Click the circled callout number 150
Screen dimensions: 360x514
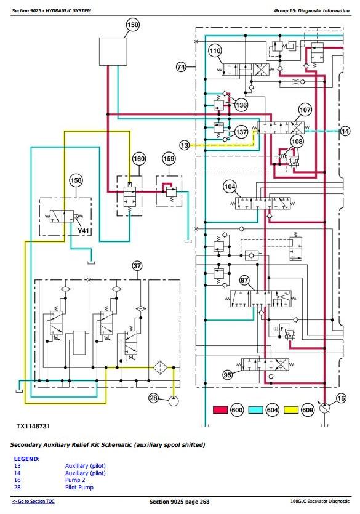click(132, 25)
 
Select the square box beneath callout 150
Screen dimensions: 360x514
click(113, 52)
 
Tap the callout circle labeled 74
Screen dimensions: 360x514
click(181, 67)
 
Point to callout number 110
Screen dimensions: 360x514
click(215, 51)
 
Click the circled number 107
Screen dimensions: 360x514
click(305, 110)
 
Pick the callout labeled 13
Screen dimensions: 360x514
click(185, 145)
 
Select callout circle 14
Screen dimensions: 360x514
click(345, 131)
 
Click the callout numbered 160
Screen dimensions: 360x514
click(139, 159)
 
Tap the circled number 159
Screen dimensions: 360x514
click(169, 159)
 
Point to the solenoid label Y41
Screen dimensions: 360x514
click(83, 231)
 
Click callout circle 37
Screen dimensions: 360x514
click(137, 266)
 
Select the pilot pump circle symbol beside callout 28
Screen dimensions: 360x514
click(174, 401)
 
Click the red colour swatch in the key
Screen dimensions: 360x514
click(220, 410)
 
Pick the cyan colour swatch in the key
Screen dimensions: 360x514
click(256, 410)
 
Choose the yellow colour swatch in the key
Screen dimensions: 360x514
click(291, 410)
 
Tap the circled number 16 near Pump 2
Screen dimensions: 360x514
click(341, 398)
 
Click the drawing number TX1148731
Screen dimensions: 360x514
click(33, 426)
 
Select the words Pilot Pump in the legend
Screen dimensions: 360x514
click(79, 488)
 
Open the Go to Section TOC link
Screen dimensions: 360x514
click(33, 502)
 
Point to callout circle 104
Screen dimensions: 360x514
click(230, 187)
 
